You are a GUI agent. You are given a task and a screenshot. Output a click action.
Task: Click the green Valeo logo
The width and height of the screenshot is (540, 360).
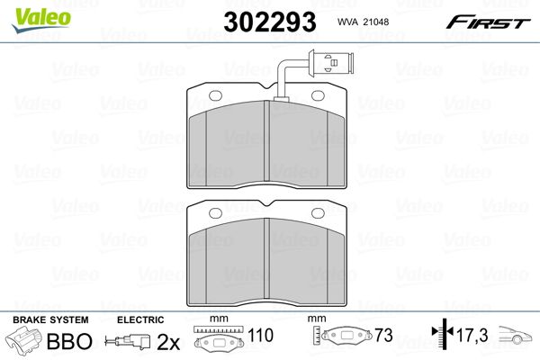(41, 20)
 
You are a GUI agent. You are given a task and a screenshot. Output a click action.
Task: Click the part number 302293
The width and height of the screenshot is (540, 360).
(270, 22)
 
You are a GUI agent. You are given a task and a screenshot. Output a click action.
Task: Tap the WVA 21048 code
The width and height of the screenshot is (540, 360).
(363, 22)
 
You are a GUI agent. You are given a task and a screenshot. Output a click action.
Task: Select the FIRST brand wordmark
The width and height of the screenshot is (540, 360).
(488, 22)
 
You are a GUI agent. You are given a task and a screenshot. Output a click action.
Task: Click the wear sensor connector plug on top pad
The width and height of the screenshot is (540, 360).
(331, 63)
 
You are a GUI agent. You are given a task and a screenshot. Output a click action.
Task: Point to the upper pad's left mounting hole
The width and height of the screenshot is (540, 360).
(216, 95)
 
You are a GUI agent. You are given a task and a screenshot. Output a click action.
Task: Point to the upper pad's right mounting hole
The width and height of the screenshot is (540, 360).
(318, 95)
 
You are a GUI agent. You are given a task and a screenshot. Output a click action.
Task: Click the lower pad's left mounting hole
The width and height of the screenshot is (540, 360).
(216, 213)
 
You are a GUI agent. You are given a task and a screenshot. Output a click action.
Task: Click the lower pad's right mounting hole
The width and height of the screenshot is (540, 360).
(318, 213)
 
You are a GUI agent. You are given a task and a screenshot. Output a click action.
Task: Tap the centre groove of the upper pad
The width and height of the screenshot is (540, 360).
(266, 141)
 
